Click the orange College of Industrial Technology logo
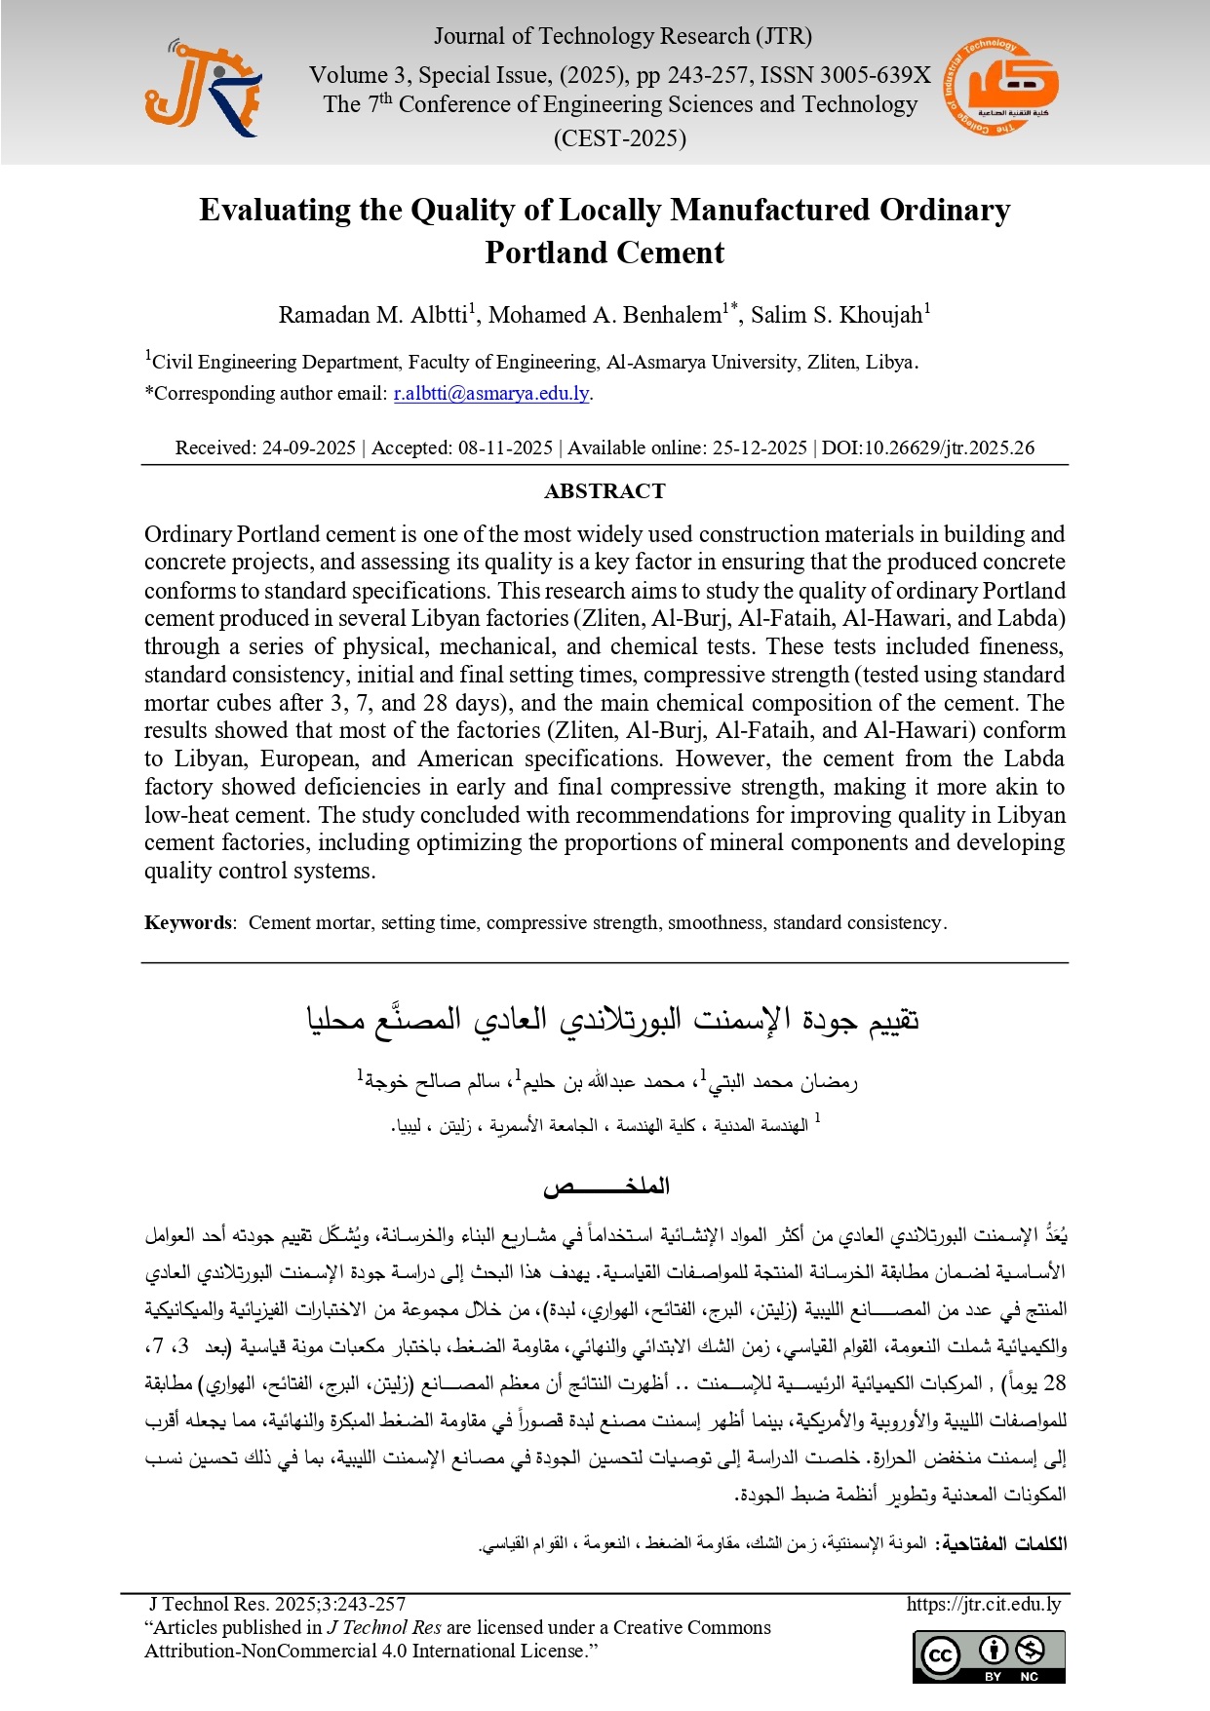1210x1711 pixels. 1000,88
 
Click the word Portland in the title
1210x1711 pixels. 549,253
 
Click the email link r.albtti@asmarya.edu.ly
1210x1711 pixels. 491,394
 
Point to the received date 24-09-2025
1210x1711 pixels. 308,448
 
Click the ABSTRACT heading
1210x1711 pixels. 605,491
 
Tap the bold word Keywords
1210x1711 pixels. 188,923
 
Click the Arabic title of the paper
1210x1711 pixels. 612,1020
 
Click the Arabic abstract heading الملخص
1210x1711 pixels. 606,1186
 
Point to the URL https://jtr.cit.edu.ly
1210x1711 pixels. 983,1604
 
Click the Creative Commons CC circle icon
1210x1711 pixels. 941,1655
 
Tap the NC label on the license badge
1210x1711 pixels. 1030,1677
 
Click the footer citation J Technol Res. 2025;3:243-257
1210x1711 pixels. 277,1604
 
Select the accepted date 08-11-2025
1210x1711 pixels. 505,448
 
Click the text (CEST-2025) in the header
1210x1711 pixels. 620,138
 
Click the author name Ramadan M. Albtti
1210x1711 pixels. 373,315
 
